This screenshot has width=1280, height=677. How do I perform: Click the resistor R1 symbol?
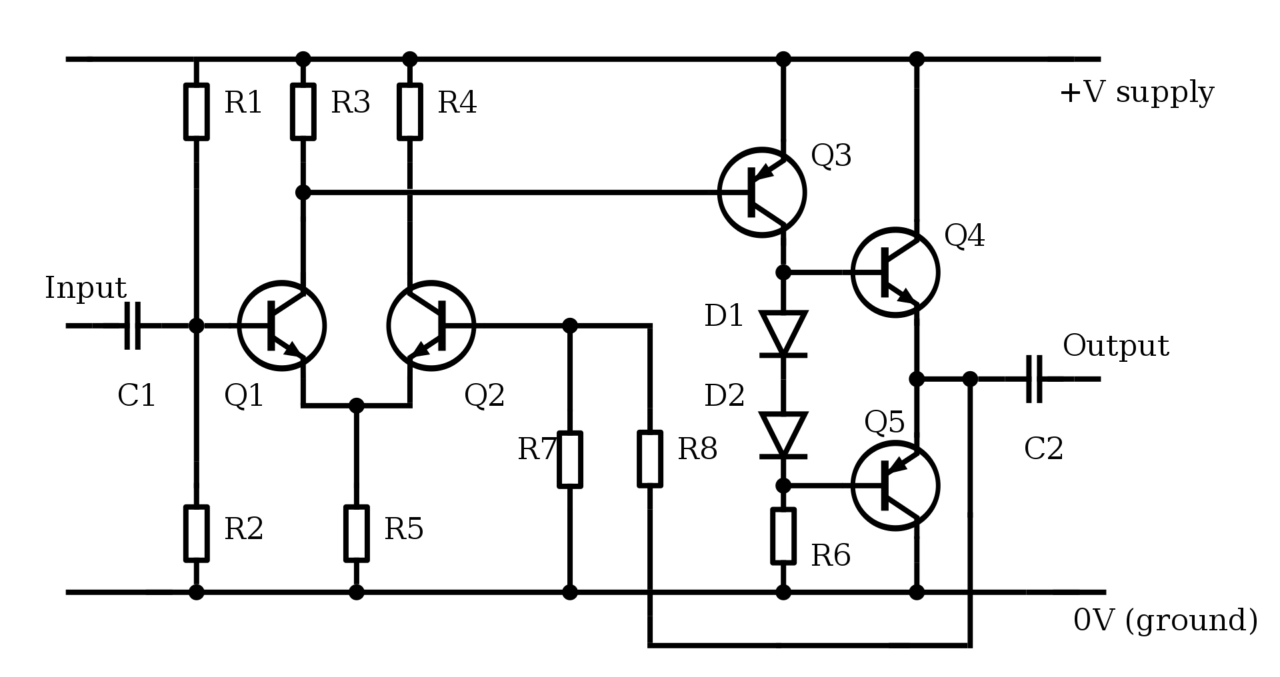196,112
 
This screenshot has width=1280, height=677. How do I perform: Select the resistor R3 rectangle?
303,112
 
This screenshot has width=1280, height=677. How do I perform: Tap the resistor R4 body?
409,112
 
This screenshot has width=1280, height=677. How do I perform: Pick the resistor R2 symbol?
196,533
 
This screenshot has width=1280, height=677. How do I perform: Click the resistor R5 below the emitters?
356,533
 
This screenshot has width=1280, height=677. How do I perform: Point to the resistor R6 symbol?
783,536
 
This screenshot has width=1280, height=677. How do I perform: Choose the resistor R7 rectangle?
569,459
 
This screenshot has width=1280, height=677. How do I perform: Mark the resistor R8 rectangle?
650,458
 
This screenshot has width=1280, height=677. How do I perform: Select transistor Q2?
431,326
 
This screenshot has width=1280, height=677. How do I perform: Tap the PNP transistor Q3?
762,193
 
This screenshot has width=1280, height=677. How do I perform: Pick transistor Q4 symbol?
895,272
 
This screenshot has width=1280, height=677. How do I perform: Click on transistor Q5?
895,486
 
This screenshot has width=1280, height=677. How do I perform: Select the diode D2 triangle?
783,435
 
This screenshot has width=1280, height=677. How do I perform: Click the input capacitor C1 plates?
133,326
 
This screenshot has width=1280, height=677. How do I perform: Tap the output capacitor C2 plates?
1034,379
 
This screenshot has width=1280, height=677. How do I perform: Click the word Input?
85,288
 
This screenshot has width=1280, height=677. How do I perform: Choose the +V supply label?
1137,92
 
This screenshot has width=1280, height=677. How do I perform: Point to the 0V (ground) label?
1165,620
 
